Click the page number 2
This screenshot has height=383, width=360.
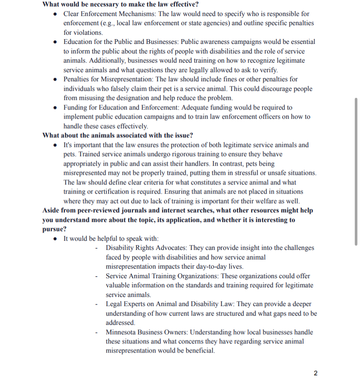coord(316,373)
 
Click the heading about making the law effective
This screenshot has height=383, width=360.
coord(121,4)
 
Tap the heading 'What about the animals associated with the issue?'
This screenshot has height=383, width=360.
coord(118,135)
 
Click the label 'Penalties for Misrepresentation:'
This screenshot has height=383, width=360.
coord(109,79)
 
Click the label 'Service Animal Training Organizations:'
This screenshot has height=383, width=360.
coord(162,276)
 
